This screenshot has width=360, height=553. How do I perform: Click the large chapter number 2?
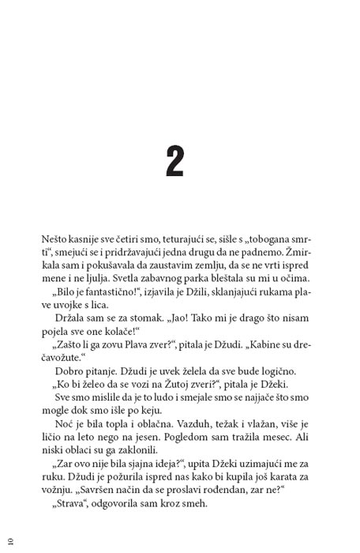[x=174, y=160]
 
